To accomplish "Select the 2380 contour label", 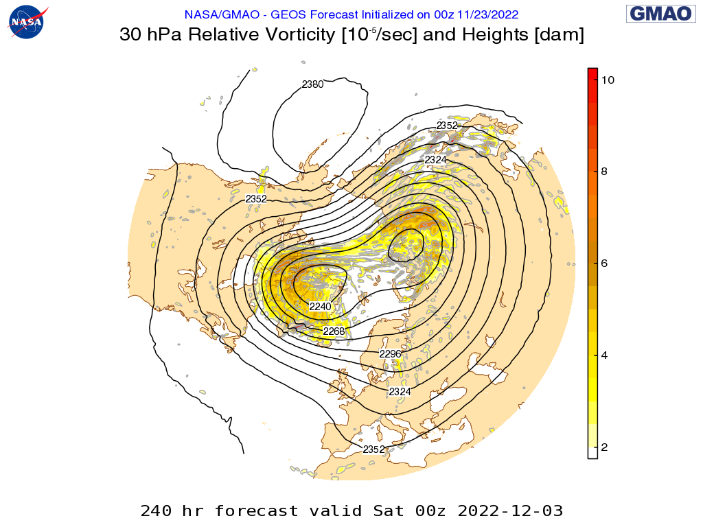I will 312,85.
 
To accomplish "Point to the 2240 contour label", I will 320,306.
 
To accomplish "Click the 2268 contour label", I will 334,331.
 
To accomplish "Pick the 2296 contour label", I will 390,354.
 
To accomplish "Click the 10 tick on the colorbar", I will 607,80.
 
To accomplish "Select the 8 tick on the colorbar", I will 604,172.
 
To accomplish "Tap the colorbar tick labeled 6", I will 604,263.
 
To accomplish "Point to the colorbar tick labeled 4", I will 604,355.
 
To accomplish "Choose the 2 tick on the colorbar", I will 604,447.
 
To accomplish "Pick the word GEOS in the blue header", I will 289,14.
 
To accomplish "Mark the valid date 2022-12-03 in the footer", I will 510,511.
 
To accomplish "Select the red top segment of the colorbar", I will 592,75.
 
